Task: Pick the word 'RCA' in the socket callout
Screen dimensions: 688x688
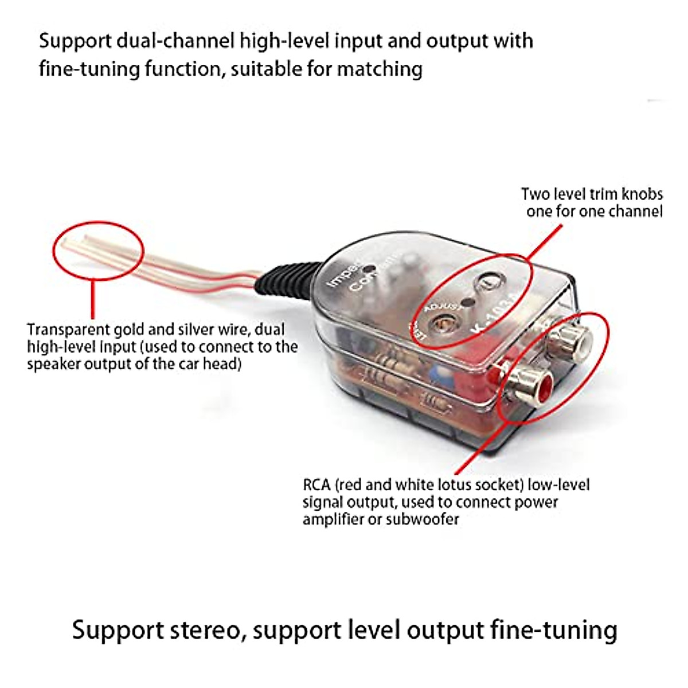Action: coord(316,485)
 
